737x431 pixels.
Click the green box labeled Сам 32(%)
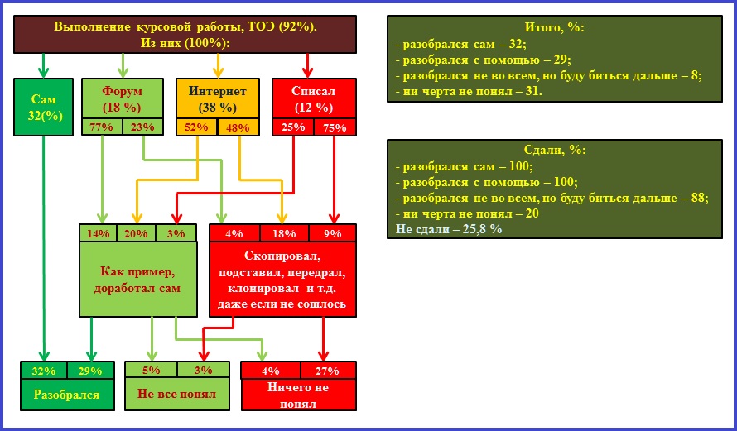[x=43, y=107]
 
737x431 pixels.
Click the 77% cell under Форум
[x=102, y=127]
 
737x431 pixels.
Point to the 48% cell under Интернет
[x=238, y=127]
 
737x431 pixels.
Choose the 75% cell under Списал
[x=335, y=127]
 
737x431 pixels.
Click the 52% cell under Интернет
[x=196, y=127]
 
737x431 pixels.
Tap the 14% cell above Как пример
[x=99, y=232]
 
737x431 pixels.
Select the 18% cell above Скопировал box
[x=284, y=232]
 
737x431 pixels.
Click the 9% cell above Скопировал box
[x=332, y=232]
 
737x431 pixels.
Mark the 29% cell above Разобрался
[x=90, y=371]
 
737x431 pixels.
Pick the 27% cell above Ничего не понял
[x=328, y=371]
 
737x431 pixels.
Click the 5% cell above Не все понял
[x=151, y=371]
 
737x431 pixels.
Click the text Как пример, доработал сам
[x=137, y=280]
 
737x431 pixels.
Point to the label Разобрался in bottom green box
[x=67, y=394]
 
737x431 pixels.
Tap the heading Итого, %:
[x=554, y=27]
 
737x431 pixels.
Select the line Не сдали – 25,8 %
[x=449, y=229]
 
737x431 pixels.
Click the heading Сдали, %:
[x=555, y=151]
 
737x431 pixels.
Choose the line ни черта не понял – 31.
[x=469, y=92]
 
